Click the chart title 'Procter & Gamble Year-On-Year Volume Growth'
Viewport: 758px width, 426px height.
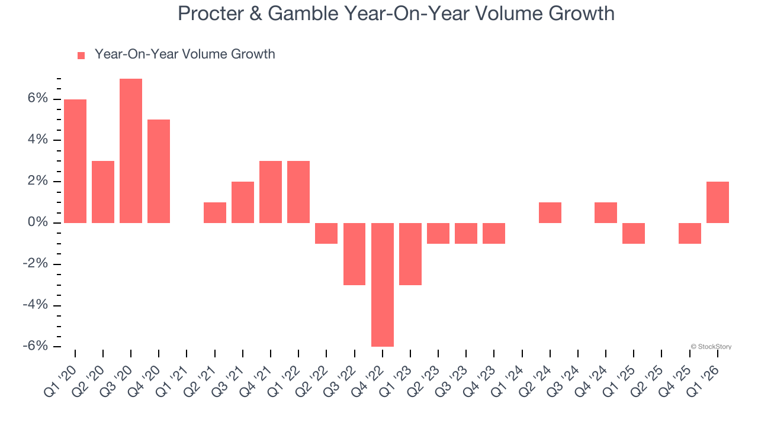click(396, 14)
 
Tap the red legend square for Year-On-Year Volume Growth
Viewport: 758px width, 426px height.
click(81, 56)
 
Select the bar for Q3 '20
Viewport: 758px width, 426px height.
click(131, 151)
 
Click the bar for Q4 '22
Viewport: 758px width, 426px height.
click(383, 285)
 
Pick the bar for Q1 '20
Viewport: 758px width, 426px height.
click(75, 161)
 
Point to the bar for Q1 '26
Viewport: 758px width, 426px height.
click(718, 202)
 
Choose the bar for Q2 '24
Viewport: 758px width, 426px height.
click(550, 213)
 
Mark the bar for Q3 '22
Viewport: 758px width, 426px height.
click(354, 254)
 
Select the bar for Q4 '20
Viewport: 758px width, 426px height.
click(159, 172)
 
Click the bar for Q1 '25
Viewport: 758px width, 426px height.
click(634, 233)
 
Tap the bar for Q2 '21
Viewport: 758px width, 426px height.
click(215, 213)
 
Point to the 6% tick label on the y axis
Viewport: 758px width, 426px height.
click(37, 99)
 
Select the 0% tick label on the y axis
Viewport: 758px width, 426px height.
click(37, 222)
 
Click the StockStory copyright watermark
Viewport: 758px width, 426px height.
click(711, 347)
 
